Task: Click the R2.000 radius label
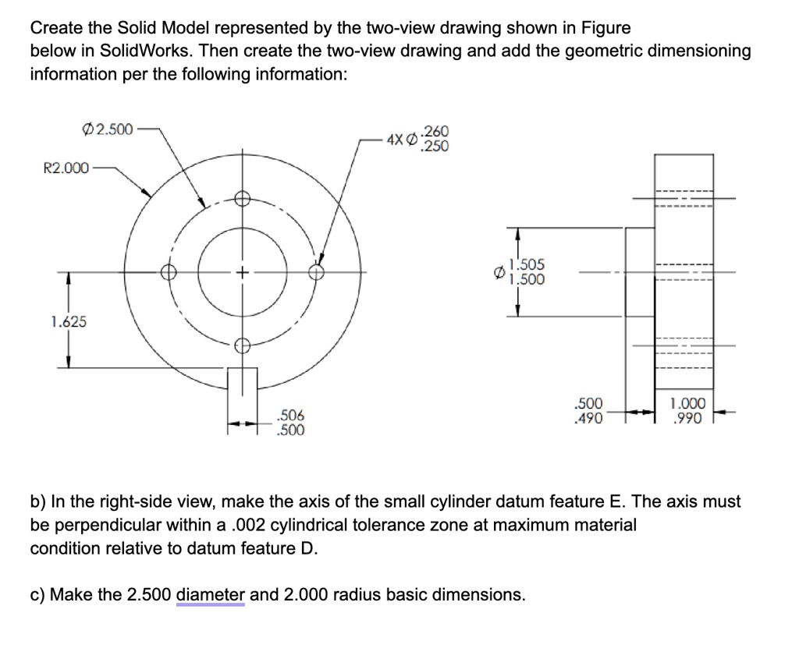pyautogui.click(x=65, y=167)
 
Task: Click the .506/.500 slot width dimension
pyautogui.click(x=291, y=422)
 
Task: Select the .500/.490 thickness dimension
pyautogui.click(x=588, y=411)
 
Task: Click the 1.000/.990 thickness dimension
pyautogui.click(x=687, y=411)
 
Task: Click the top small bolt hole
pyautogui.click(x=242, y=199)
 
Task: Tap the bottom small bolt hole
pyautogui.click(x=242, y=345)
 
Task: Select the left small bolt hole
pyautogui.click(x=169, y=272)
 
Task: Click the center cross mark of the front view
pyautogui.click(x=243, y=273)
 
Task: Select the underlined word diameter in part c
pyautogui.click(x=211, y=595)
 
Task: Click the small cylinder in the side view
pyautogui.click(x=639, y=272)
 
